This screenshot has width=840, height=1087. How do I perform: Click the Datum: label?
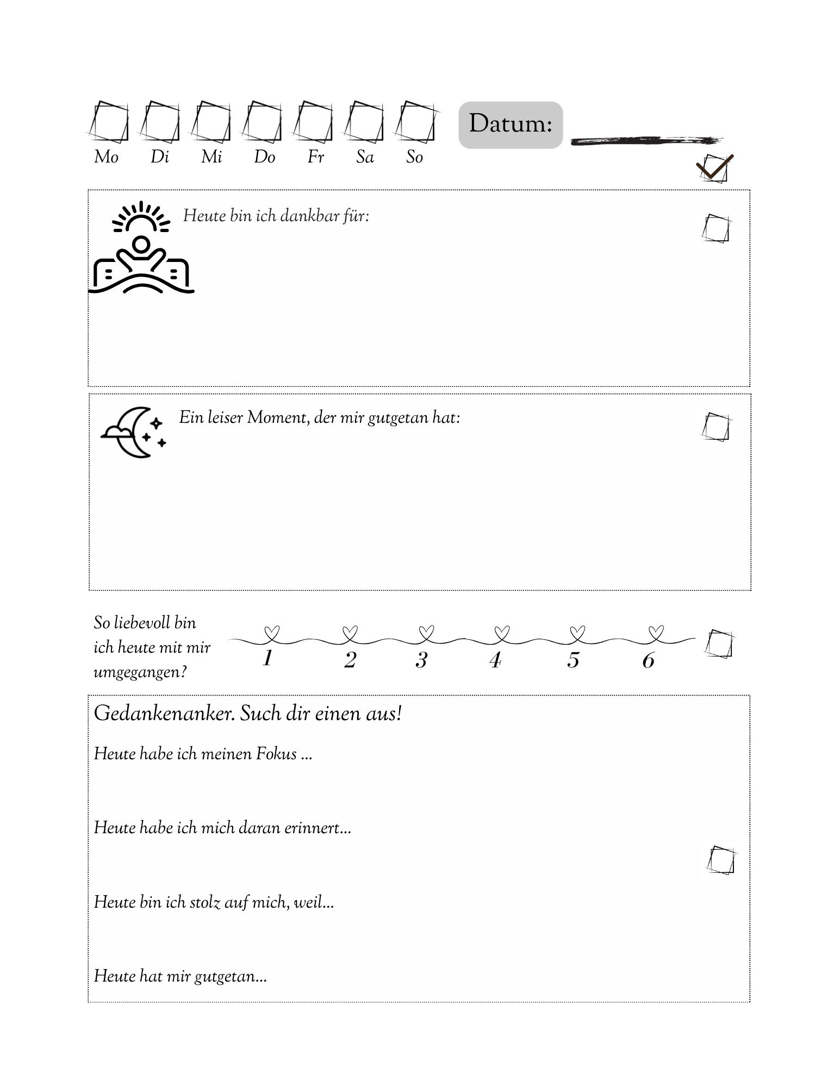pos(510,124)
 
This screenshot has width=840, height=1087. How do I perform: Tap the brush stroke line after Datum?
pos(646,140)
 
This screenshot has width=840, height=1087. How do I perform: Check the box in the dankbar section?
pos(715,229)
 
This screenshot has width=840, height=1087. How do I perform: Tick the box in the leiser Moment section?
pos(715,427)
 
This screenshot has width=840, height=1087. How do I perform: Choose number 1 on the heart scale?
pos(267,659)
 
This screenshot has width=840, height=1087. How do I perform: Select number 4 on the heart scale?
pos(495,660)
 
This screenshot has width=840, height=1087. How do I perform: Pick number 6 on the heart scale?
pos(648,660)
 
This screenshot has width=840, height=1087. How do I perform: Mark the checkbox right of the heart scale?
pos(719,645)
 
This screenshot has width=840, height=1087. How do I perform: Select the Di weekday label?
pos(159,157)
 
